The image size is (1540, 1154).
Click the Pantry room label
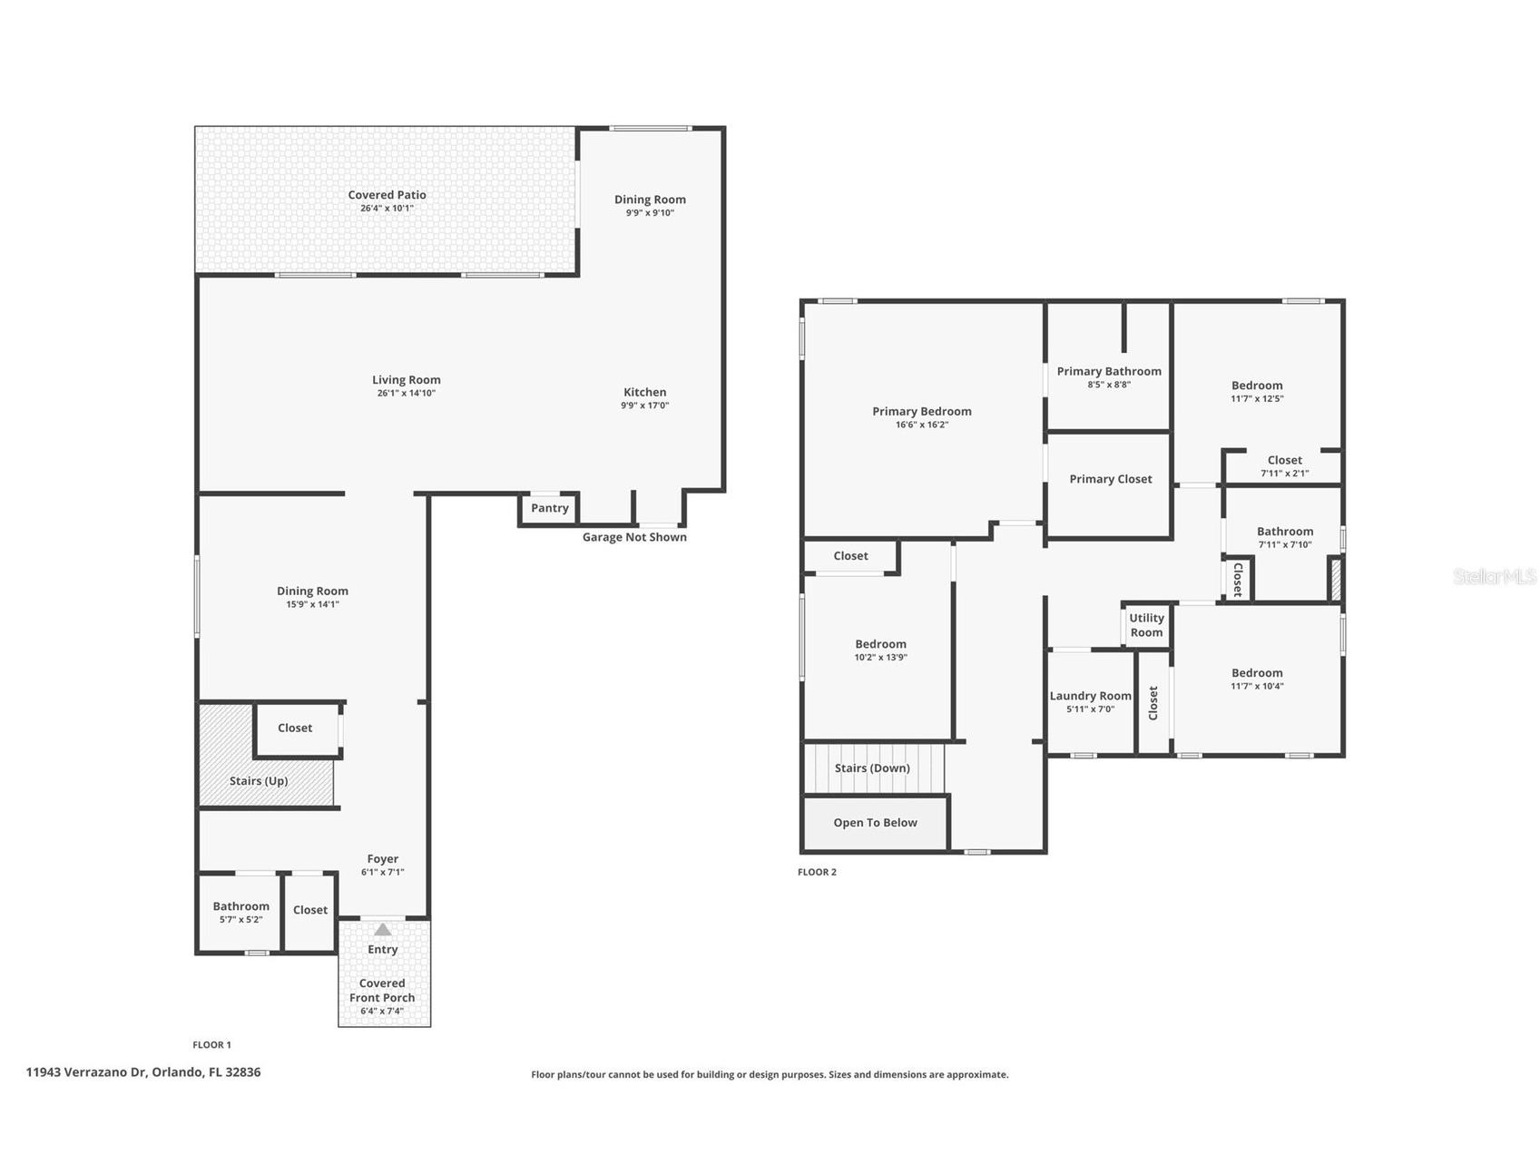pyautogui.click(x=550, y=508)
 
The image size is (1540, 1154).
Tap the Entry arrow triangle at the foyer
pyautogui.click(x=383, y=930)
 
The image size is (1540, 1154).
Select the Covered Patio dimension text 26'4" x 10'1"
pyautogui.click(x=387, y=209)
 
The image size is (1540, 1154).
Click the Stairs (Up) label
pyautogui.click(x=259, y=781)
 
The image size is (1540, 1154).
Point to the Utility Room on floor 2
pyautogui.click(x=1146, y=625)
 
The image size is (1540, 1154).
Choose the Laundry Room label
pyautogui.click(x=1090, y=696)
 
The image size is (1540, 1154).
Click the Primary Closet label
pyautogui.click(x=1110, y=479)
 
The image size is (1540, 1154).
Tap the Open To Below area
pyautogui.click(x=875, y=823)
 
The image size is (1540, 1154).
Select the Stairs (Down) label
pyautogui.click(x=871, y=768)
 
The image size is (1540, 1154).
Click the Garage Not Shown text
pyautogui.click(x=634, y=537)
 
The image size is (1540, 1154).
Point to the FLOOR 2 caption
pyautogui.click(x=817, y=872)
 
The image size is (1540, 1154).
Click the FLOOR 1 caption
pyautogui.click(x=211, y=1045)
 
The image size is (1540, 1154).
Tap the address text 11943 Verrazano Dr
pyautogui.click(x=143, y=1072)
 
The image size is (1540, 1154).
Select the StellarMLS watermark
pyautogui.click(x=1494, y=577)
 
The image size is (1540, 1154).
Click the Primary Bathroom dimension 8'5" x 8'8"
pyautogui.click(x=1109, y=385)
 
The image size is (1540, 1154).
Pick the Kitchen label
pyautogui.click(x=644, y=392)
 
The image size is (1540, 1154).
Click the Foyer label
pyautogui.click(x=382, y=859)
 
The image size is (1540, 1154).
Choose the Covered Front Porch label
pyautogui.click(x=382, y=991)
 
